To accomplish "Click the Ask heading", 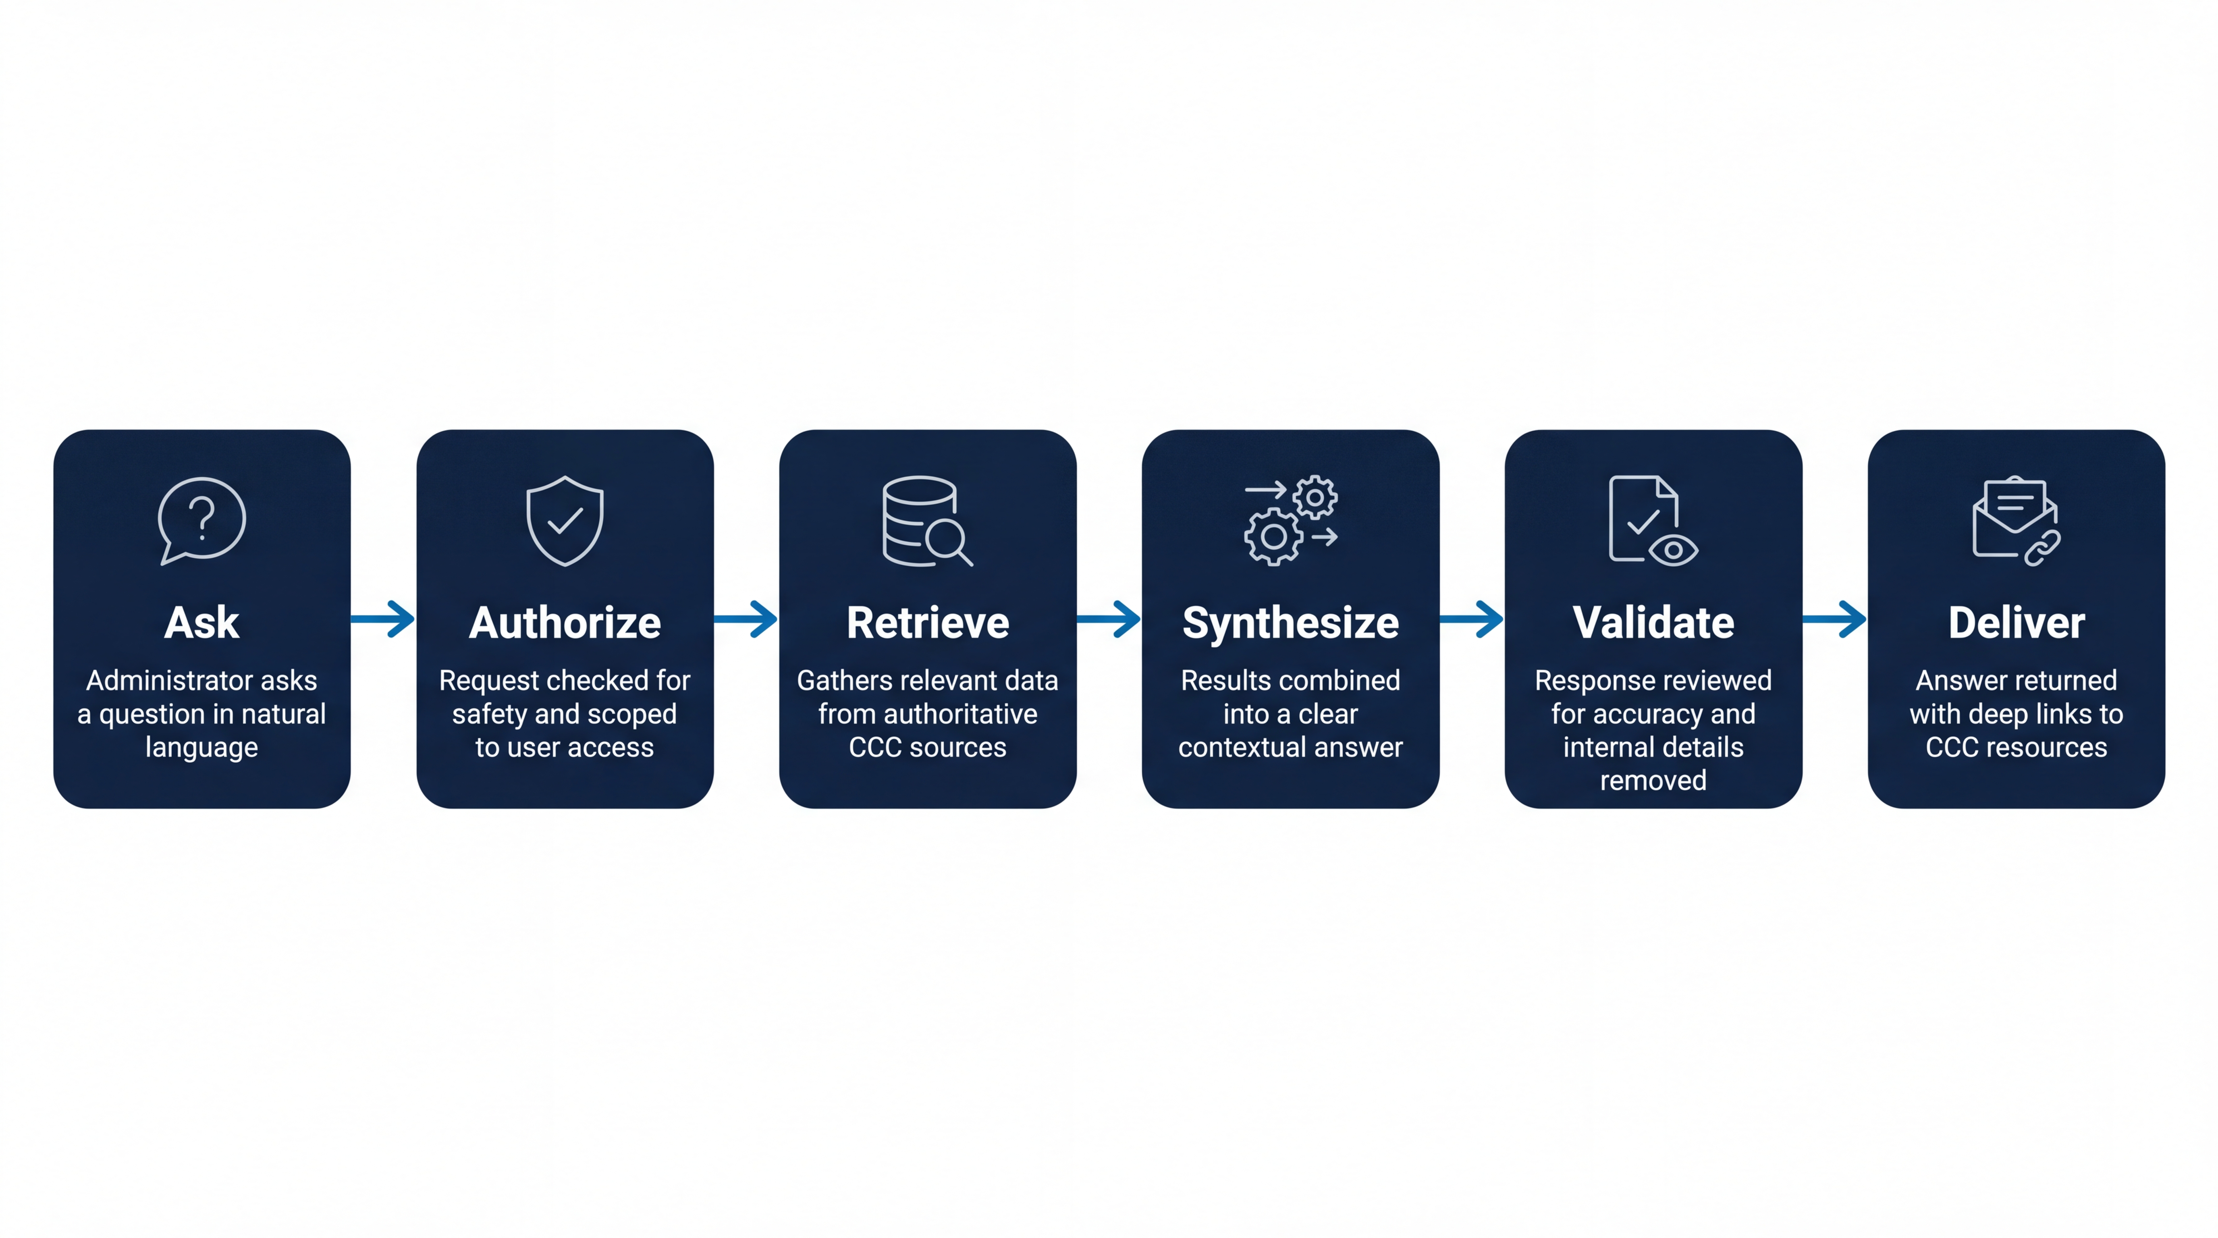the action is pyautogui.click(x=201, y=623).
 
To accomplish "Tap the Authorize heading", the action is pyautogui.click(x=565, y=623).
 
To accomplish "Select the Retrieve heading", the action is pyautogui.click(x=927, y=623).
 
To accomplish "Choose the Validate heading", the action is pyautogui.click(x=1653, y=623).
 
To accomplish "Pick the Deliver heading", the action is pyautogui.click(x=2017, y=623).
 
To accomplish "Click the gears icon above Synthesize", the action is pyautogui.click(x=1291, y=520).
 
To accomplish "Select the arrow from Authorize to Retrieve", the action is pyautogui.click(x=746, y=619).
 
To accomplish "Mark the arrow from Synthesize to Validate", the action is pyautogui.click(x=1472, y=619).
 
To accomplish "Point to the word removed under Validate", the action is pyautogui.click(x=1653, y=781).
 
